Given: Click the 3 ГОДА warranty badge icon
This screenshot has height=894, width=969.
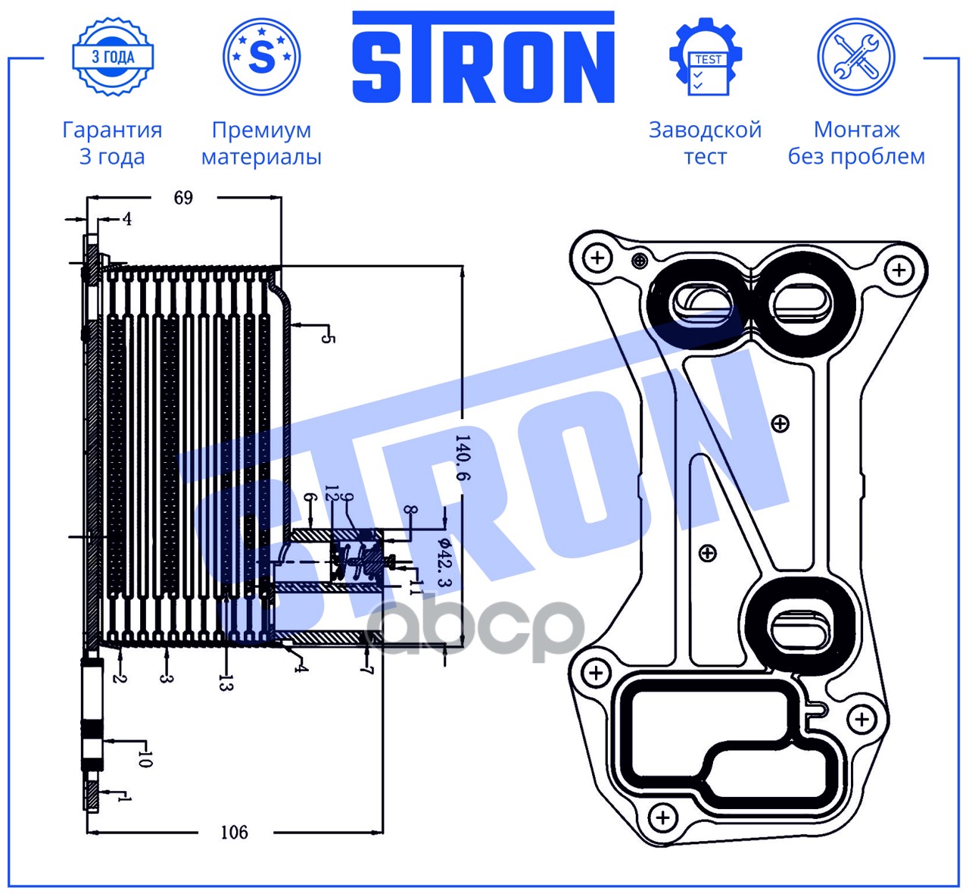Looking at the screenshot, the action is [x=113, y=57].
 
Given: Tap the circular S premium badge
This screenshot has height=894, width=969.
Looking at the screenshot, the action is [x=261, y=57].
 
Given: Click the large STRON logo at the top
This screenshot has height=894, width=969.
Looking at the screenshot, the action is [x=483, y=57].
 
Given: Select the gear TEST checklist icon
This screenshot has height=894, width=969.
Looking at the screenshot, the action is [x=706, y=57].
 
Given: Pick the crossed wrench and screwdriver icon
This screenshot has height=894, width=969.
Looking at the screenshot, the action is [x=856, y=57].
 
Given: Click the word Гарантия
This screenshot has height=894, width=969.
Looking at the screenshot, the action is [x=112, y=130].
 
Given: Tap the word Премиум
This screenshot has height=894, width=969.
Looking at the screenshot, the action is [x=261, y=130].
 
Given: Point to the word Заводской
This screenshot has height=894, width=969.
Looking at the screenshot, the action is [x=705, y=130].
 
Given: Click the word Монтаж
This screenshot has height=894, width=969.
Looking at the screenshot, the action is [x=856, y=130].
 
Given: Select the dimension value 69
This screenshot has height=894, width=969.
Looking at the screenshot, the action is [x=183, y=198].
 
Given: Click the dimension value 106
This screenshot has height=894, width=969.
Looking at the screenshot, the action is [x=234, y=833].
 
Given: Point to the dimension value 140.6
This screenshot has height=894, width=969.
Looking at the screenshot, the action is [x=463, y=458].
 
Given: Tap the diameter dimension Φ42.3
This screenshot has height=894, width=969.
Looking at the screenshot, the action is [x=445, y=562].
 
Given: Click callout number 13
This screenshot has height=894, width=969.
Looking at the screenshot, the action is [x=226, y=683].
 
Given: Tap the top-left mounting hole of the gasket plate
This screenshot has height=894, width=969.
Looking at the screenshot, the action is [x=598, y=258].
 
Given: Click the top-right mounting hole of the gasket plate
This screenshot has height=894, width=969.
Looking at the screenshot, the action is [x=899, y=270].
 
